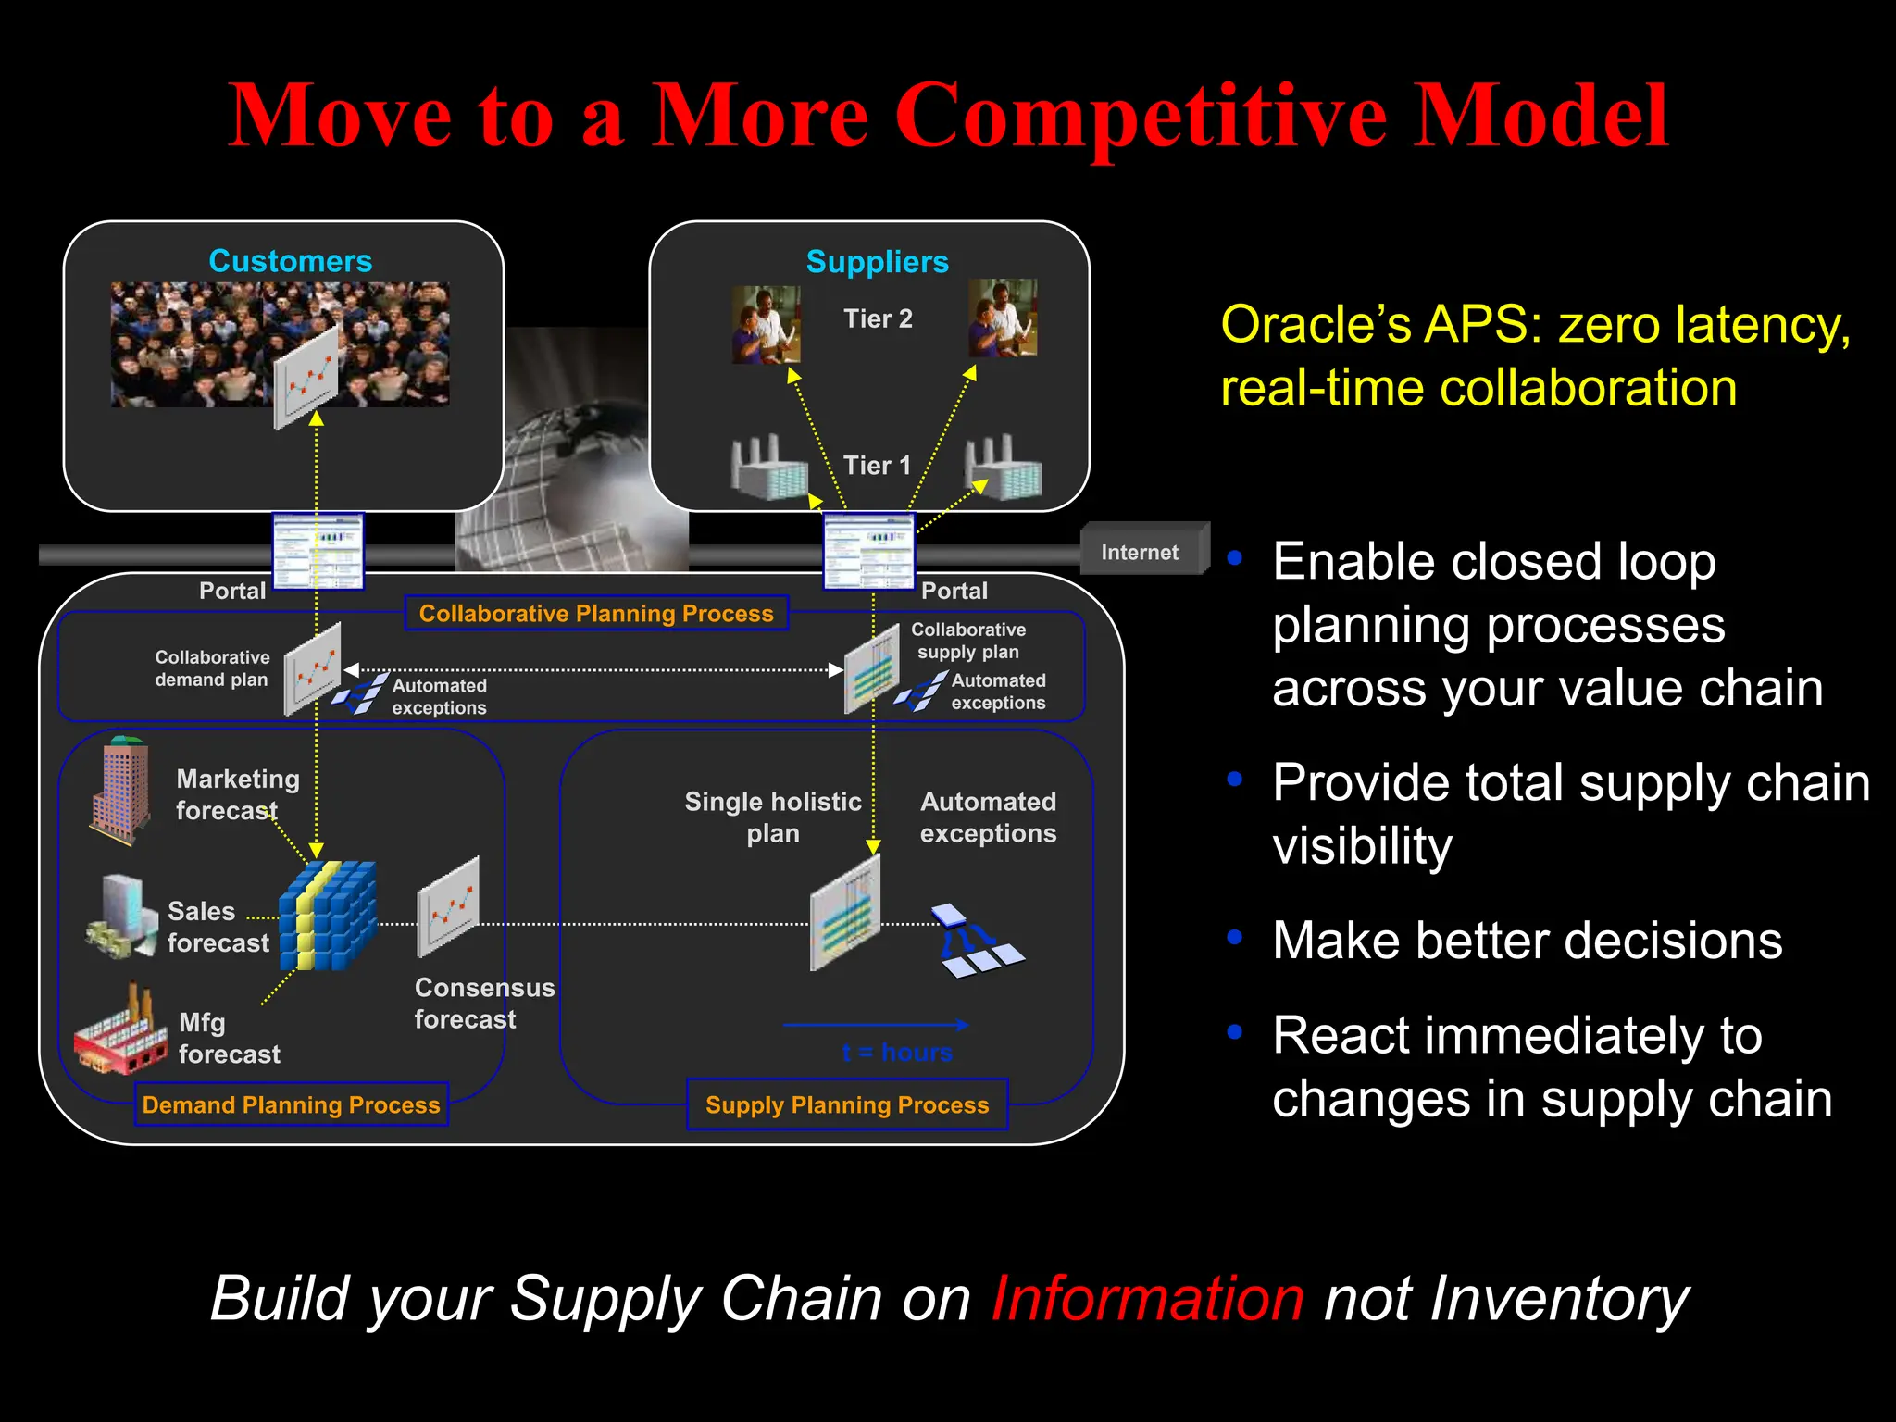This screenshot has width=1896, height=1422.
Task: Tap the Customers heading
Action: point(290,261)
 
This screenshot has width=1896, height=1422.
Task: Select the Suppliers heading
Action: point(877,262)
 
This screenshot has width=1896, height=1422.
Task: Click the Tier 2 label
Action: point(878,318)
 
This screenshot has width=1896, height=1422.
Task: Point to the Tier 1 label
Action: point(877,465)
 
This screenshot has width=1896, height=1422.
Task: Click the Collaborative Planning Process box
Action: point(596,613)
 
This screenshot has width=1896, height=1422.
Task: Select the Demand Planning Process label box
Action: point(291,1104)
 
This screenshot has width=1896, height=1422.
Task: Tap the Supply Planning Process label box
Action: point(846,1104)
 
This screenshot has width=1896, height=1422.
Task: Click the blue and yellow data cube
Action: point(328,916)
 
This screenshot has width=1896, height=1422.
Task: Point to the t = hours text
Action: point(896,1053)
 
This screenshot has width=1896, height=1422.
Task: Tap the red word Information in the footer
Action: point(1147,1298)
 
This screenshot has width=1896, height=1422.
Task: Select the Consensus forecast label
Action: point(483,1004)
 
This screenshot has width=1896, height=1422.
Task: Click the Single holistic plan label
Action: point(772,817)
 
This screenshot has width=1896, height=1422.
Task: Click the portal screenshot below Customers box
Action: point(318,552)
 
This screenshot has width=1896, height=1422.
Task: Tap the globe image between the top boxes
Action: point(574,463)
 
